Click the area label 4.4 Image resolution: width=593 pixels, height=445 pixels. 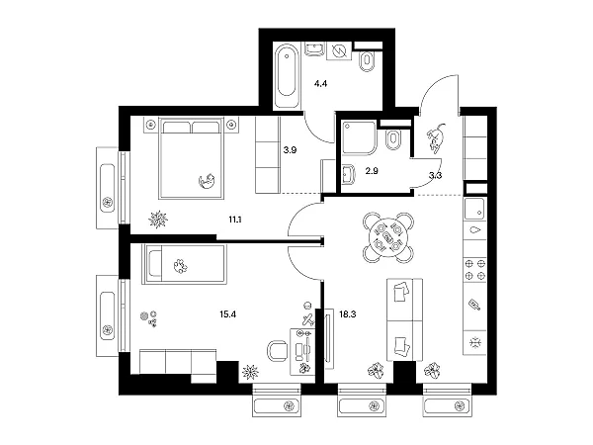point(320,84)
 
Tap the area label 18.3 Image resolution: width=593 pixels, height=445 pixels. point(348,314)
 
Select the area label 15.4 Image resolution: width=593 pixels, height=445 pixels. point(227,314)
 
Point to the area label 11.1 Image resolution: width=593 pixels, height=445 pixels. point(235,220)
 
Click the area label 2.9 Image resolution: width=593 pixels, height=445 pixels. point(372,171)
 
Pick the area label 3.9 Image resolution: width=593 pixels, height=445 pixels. point(290,150)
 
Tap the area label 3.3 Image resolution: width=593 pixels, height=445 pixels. point(435,176)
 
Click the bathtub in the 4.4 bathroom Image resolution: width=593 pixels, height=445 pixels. point(287,76)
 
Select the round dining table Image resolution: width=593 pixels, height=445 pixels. point(388,237)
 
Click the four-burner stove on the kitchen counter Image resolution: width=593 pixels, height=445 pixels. point(475,269)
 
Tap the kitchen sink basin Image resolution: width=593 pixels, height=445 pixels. point(474,209)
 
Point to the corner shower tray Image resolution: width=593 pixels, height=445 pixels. point(360,137)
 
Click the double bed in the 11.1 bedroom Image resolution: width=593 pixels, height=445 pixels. point(191,158)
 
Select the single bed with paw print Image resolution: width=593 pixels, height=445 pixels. point(184,264)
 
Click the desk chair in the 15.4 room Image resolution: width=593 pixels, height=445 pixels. point(277,351)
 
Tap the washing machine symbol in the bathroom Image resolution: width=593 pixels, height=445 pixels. point(339,50)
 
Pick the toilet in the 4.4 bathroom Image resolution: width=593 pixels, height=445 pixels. point(367,61)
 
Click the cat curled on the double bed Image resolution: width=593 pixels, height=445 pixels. point(207,180)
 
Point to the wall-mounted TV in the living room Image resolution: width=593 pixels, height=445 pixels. point(329,338)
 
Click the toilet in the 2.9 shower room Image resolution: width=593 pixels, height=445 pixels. point(393,140)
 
